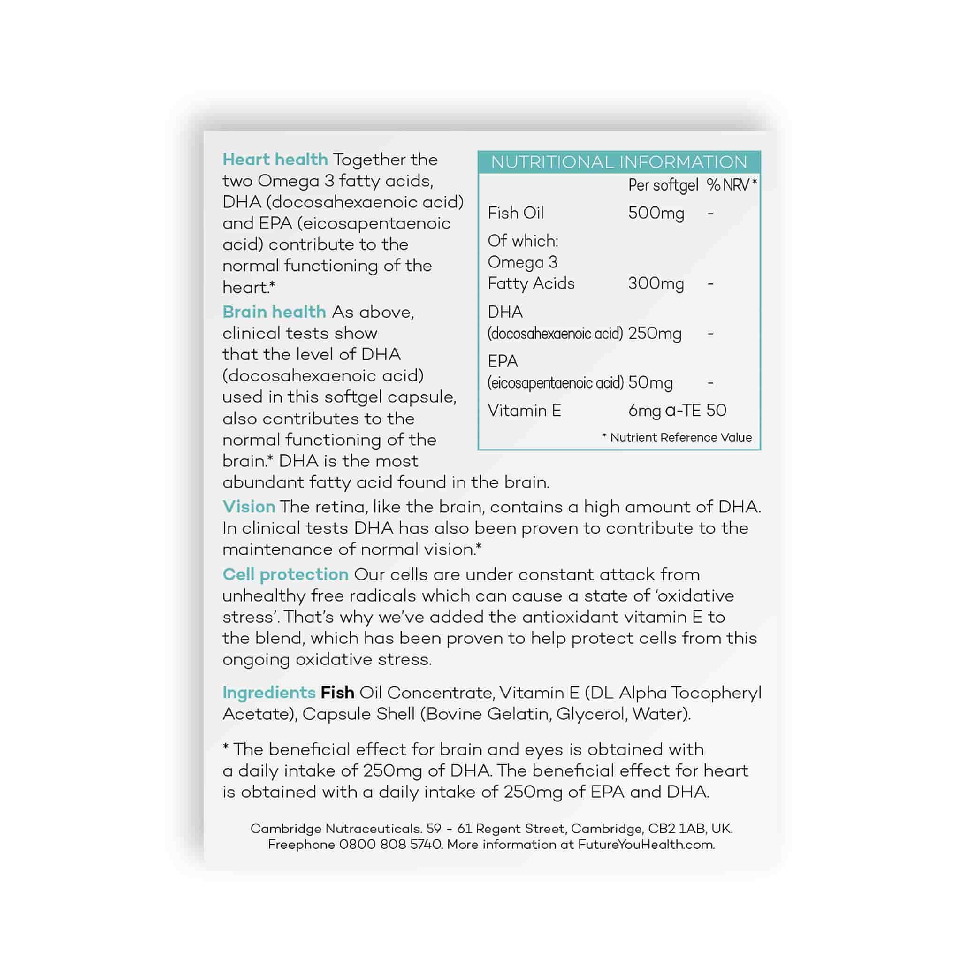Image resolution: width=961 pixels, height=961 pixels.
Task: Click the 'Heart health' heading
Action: click(x=275, y=160)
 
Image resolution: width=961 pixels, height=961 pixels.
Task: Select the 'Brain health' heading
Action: click(x=274, y=312)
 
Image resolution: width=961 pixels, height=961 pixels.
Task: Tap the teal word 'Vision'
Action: click(x=249, y=507)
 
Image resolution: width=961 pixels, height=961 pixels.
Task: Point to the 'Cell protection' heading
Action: click(x=285, y=574)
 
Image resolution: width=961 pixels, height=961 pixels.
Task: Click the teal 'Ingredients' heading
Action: click(x=268, y=693)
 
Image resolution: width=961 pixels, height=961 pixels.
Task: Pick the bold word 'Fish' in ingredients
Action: click(x=337, y=693)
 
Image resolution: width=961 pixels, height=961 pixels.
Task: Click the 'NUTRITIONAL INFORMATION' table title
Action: click(x=619, y=162)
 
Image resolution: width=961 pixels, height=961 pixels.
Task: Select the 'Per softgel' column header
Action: click(x=663, y=185)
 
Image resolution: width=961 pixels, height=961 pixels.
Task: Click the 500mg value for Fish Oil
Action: click(x=656, y=214)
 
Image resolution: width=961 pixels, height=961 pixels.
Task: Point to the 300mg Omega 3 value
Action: click(x=656, y=284)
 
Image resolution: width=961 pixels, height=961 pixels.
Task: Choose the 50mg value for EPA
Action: click(x=650, y=383)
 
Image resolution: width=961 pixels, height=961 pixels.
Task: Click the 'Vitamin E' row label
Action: click(x=524, y=411)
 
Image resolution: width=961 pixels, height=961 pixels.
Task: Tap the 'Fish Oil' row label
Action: click(x=515, y=214)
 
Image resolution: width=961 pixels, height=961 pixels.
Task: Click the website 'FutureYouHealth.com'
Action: click(x=646, y=845)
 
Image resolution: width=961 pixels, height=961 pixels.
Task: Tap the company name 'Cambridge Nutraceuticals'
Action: click(x=336, y=829)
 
